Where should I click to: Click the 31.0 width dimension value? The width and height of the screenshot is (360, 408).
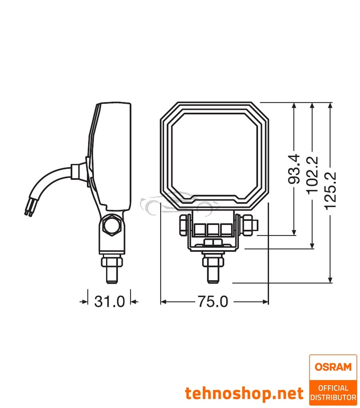110,302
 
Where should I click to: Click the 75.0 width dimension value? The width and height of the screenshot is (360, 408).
212,302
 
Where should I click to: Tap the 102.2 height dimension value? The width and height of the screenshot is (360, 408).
312,175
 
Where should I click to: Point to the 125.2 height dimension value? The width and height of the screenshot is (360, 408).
330,191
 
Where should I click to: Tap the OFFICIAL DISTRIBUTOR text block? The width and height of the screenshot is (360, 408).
333,392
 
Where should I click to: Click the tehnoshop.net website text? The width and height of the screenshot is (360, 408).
244,394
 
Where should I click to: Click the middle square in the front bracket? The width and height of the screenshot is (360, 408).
212,229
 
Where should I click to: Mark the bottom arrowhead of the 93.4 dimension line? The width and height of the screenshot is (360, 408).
294,233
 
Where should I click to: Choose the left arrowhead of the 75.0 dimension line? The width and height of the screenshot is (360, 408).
163,302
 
